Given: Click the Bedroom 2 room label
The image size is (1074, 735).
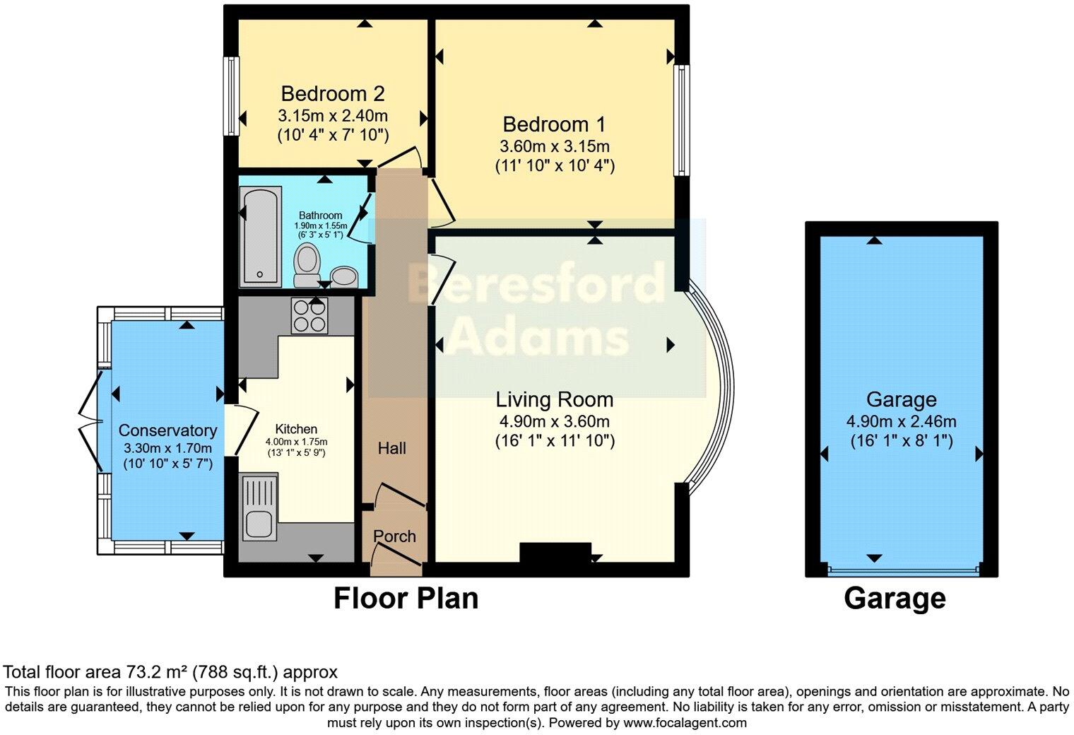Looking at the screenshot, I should (332, 93).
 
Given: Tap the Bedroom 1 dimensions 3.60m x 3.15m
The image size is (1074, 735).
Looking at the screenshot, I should (554, 146).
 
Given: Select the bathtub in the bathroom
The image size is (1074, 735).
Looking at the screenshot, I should (259, 235).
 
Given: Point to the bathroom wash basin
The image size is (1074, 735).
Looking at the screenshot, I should (344, 276).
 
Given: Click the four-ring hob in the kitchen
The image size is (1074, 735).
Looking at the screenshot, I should (309, 315).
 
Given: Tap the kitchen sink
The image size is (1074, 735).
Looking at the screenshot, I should (259, 507).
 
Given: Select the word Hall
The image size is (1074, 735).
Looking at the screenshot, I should (391, 448).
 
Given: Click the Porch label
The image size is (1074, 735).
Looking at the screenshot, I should (394, 536).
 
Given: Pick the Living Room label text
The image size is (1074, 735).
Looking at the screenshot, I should (554, 400).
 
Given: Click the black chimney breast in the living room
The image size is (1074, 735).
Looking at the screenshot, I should (555, 552).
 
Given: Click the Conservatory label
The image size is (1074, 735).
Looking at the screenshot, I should (167, 430).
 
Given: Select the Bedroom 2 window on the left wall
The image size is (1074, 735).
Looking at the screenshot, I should (230, 95).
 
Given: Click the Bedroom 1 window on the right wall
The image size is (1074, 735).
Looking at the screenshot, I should (681, 120).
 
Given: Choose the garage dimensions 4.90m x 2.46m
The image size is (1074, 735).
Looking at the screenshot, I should (901, 422).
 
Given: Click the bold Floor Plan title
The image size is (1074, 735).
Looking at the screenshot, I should (406, 598).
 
